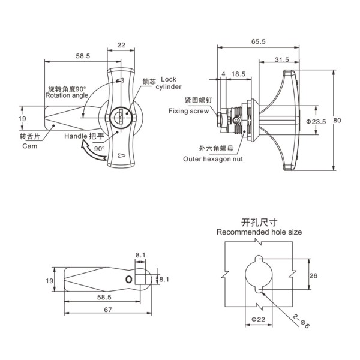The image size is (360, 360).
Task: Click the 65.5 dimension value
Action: pos(259,41)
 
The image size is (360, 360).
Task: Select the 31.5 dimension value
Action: pos(281,59)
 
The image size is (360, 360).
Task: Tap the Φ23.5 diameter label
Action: pos(316,122)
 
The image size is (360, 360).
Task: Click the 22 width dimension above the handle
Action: pos(121,45)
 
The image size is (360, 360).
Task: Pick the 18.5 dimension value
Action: pos(238,74)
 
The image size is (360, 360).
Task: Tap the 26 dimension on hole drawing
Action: pos(313,275)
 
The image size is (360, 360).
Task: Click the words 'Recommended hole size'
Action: pos(259,232)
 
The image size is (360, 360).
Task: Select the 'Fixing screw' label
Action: pos(188,111)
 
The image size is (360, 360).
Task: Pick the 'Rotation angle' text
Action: pos(66,95)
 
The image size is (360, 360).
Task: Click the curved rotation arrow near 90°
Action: pos(91,157)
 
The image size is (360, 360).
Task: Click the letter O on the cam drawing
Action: pos(128,280)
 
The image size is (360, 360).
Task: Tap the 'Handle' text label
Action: pos(76,137)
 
